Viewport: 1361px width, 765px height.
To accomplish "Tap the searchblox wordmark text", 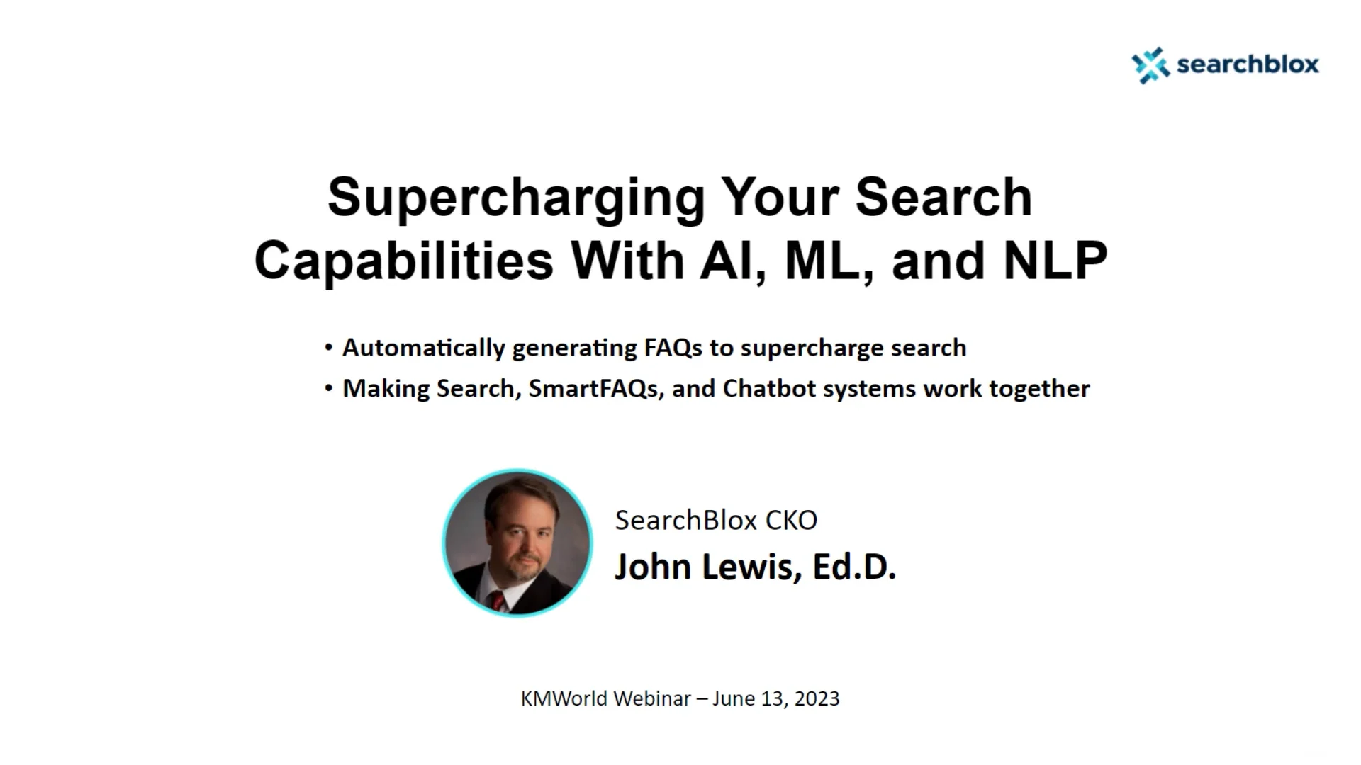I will (1248, 64).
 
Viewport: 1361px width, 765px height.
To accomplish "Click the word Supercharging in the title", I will (516, 197).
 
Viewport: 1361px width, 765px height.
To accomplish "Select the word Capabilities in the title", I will (403, 261).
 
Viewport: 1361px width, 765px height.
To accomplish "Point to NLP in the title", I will (1055, 261).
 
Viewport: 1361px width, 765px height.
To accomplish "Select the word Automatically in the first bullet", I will (423, 348).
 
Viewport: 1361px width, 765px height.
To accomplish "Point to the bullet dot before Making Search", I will (328, 389).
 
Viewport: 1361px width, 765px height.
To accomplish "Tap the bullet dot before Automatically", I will (328, 348).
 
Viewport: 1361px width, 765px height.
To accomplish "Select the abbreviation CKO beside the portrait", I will (791, 521).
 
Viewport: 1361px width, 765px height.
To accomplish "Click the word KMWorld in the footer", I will (564, 698).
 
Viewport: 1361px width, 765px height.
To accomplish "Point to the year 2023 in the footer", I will (817, 698).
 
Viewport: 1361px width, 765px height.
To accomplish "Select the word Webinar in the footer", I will (652, 698).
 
